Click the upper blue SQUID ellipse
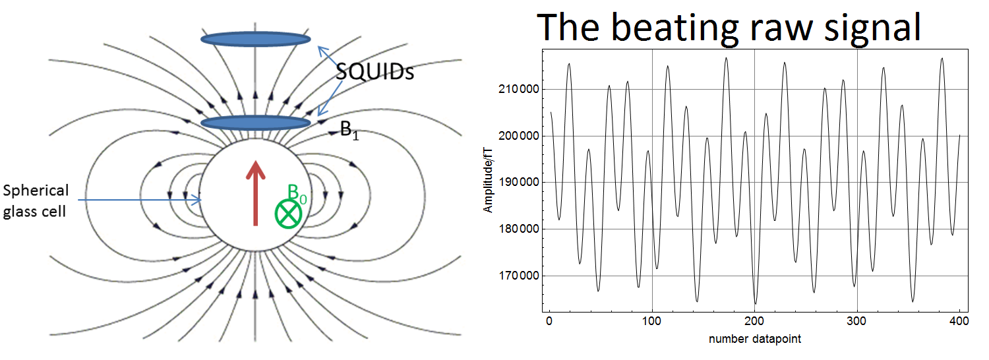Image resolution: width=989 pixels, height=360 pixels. (256, 39)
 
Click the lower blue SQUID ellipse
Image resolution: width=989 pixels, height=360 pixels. (256, 123)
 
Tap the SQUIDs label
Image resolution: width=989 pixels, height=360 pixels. (375, 71)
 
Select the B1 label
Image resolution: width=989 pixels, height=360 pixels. (349, 131)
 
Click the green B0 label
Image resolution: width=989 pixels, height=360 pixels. (297, 194)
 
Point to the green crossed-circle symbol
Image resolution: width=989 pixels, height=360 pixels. (288, 214)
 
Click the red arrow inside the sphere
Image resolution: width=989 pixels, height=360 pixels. (256, 193)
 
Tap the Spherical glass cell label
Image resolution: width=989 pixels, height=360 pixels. (36, 201)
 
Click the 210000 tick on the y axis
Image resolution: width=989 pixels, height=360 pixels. (519, 89)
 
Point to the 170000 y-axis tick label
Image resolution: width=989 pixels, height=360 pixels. (519, 276)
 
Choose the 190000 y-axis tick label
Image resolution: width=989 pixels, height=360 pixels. (519, 183)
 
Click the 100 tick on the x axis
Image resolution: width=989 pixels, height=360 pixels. (651, 321)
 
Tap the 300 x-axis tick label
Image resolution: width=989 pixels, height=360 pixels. (856, 321)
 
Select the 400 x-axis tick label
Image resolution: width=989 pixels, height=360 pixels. (959, 321)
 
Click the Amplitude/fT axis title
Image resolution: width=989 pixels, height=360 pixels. (488, 180)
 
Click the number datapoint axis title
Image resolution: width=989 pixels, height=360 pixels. (754, 340)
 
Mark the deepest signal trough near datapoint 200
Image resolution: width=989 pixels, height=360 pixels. (756, 303)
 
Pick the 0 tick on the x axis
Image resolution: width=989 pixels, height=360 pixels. (549, 321)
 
